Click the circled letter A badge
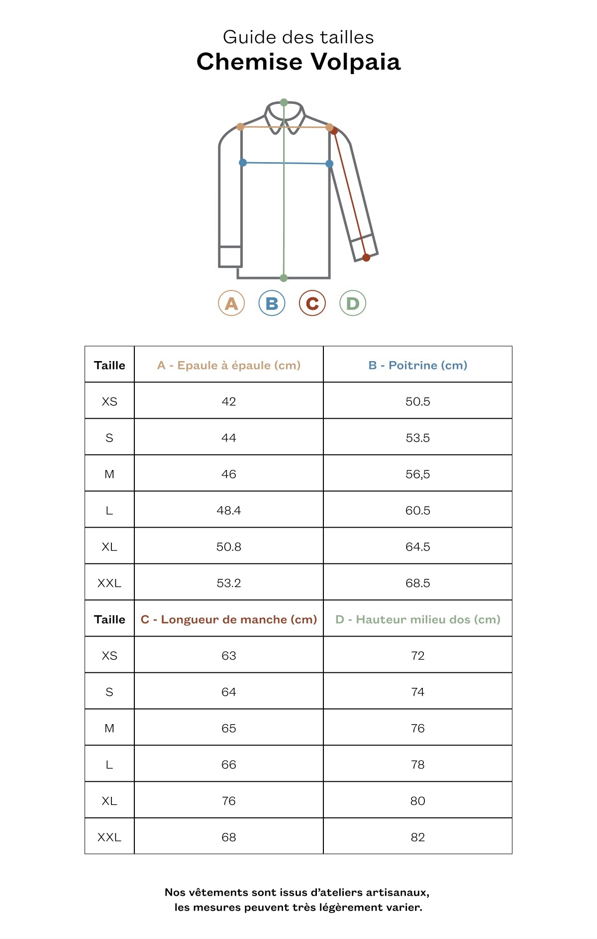tap(231, 303)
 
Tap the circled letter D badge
tap(353, 303)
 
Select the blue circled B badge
tap(272, 303)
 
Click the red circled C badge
tap(312, 303)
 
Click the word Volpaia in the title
tap(356, 62)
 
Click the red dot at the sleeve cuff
tap(366, 257)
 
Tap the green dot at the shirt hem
tap(284, 278)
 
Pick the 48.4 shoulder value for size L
tap(229, 510)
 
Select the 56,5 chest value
tap(418, 474)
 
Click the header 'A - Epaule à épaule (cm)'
tap(229, 365)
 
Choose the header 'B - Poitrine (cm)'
tap(418, 365)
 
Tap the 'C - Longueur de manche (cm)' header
tap(229, 619)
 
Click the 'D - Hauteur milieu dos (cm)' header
tap(418, 619)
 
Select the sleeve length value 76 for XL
tap(229, 801)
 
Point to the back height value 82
tap(418, 837)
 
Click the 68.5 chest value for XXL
tap(418, 583)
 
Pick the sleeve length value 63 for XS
tap(229, 656)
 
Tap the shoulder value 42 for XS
tap(229, 401)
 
